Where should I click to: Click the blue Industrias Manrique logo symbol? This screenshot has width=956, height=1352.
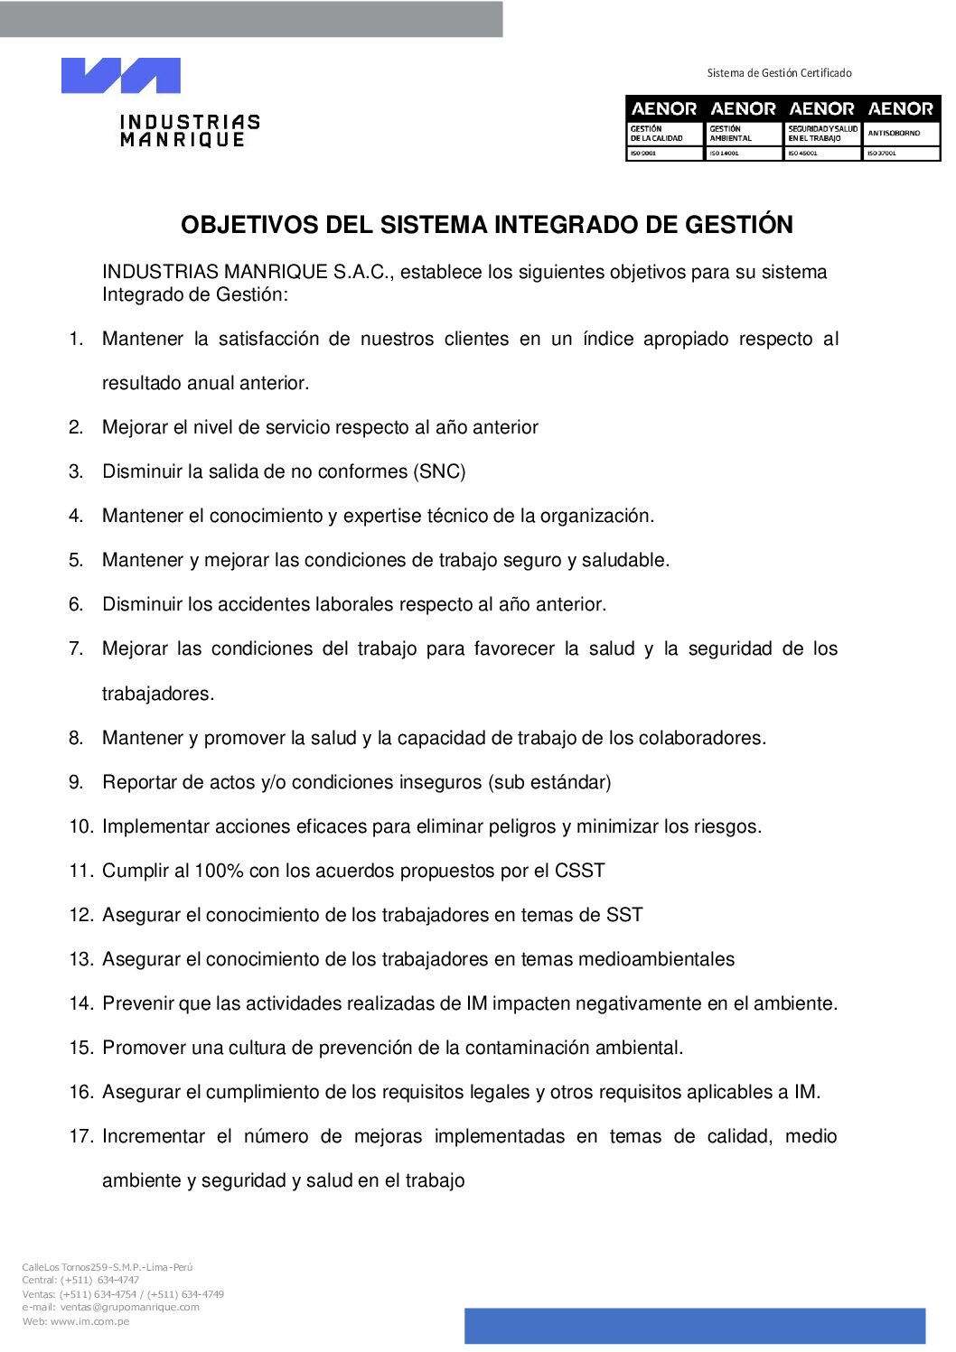pos(120,76)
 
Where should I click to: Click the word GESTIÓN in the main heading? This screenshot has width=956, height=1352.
pos(739,225)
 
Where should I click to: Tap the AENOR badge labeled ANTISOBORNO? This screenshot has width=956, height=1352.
pos(901,128)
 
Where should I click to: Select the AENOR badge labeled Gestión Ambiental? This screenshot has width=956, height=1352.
pos(743,128)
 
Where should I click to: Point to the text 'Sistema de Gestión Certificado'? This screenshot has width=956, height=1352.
pos(779,73)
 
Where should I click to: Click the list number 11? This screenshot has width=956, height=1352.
pos(81,871)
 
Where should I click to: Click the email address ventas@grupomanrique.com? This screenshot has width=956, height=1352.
pos(130,1307)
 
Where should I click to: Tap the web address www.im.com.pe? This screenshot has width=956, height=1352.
pos(89,1321)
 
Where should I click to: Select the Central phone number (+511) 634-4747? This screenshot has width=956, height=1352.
pos(99,1280)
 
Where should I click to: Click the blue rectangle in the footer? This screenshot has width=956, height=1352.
pos(695,1326)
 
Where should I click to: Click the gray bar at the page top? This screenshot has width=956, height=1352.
pos(251,19)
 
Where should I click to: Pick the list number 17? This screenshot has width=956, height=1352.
pos(81,1136)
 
